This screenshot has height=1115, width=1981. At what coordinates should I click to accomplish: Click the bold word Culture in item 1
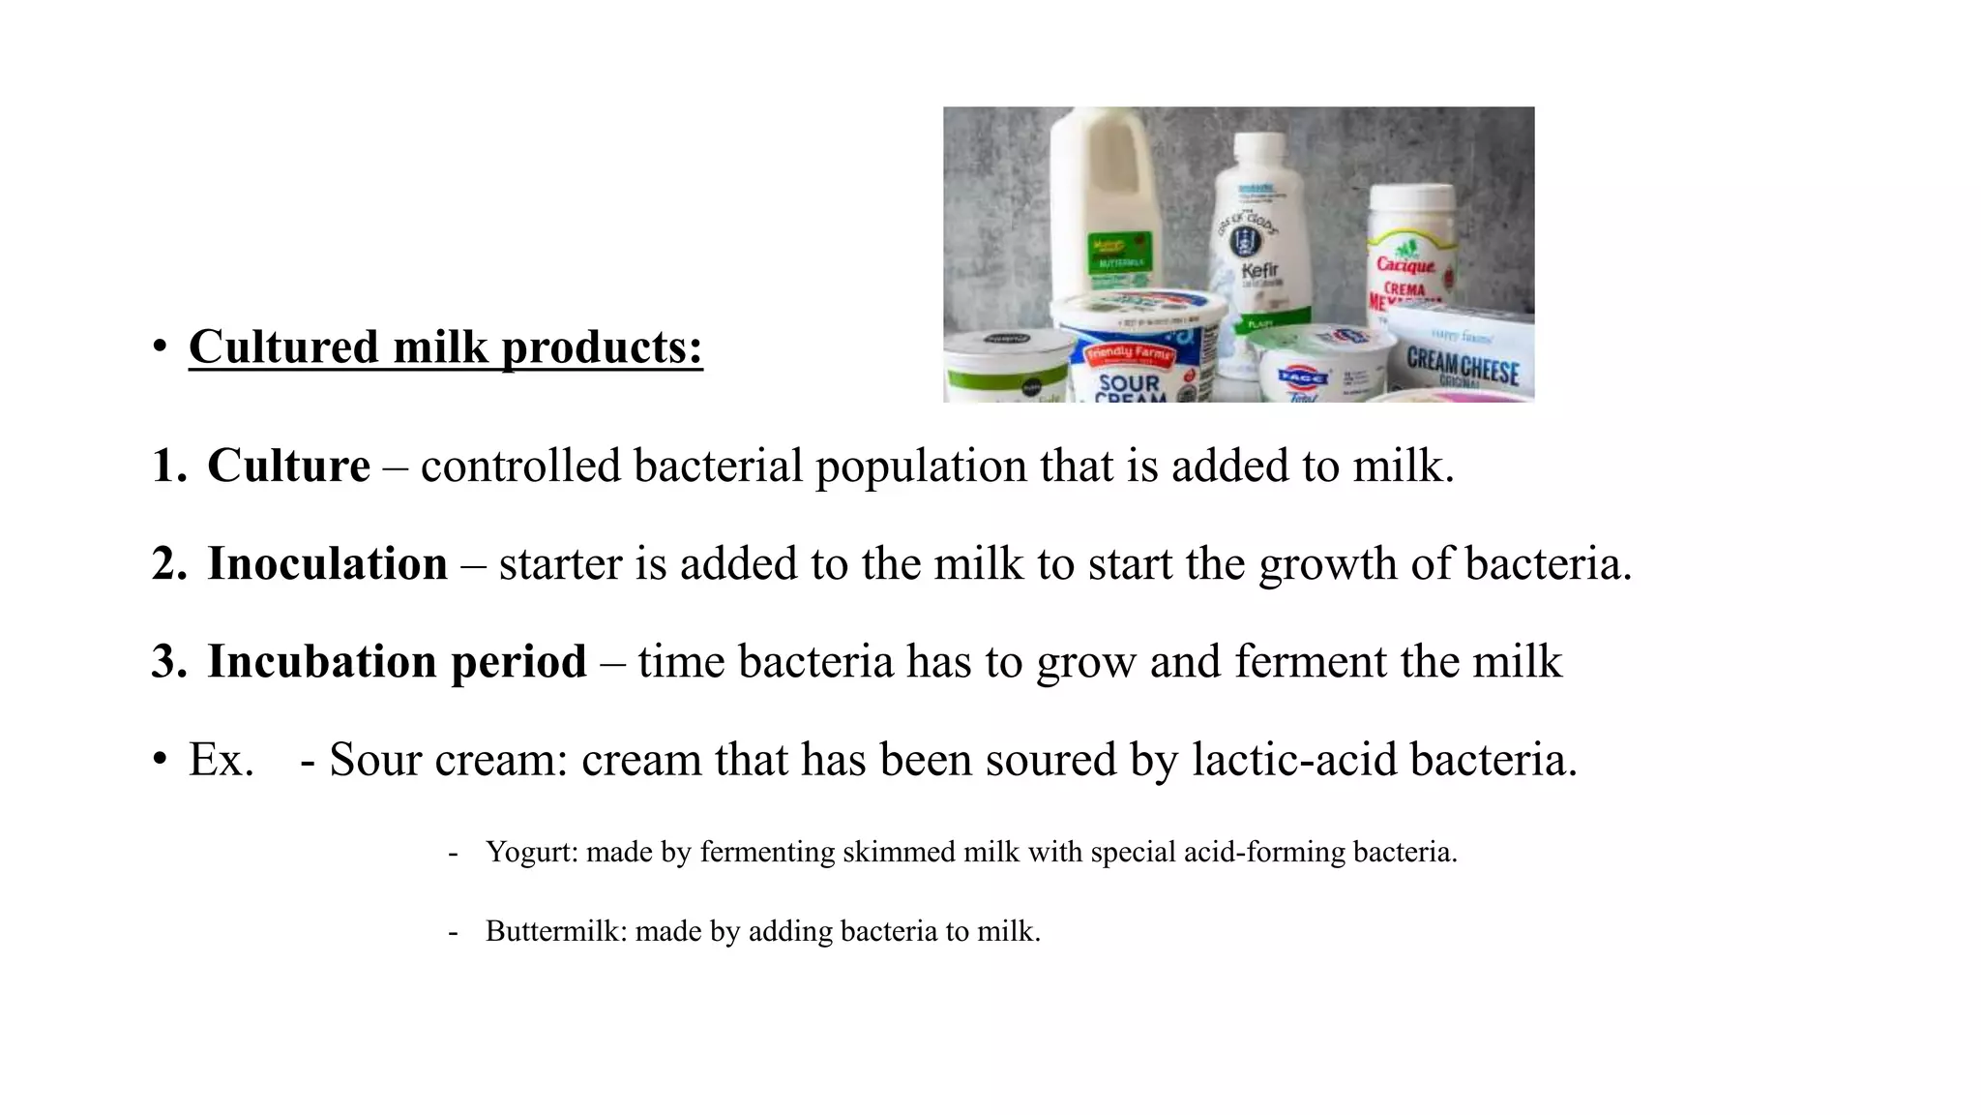point(288,466)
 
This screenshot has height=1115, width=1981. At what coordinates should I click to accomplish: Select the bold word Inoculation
point(327,563)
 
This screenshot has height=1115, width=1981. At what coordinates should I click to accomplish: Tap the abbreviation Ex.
point(221,760)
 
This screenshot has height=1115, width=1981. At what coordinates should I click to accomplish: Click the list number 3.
point(168,661)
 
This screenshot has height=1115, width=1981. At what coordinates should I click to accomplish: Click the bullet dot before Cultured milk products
point(160,347)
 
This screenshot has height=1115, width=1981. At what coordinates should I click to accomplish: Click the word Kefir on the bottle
point(1259,270)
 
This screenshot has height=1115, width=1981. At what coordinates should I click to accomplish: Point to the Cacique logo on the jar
point(1405,263)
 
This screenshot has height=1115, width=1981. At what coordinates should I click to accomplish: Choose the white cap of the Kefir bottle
point(1259,149)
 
